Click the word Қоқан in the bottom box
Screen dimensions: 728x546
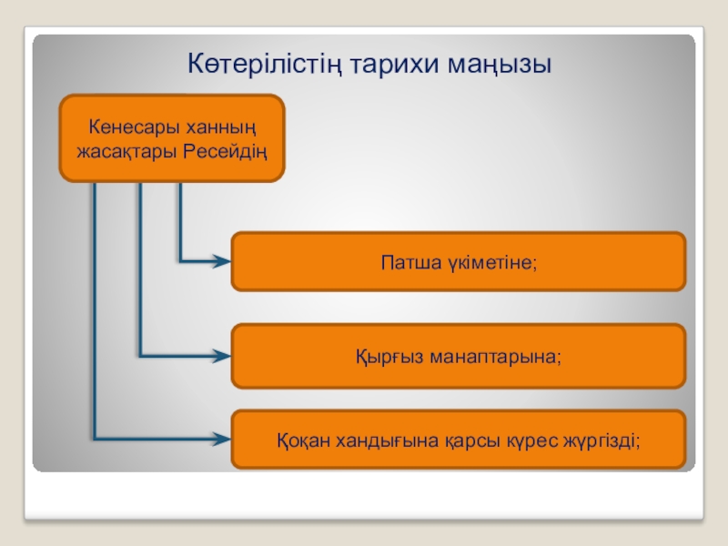click(301, 440)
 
